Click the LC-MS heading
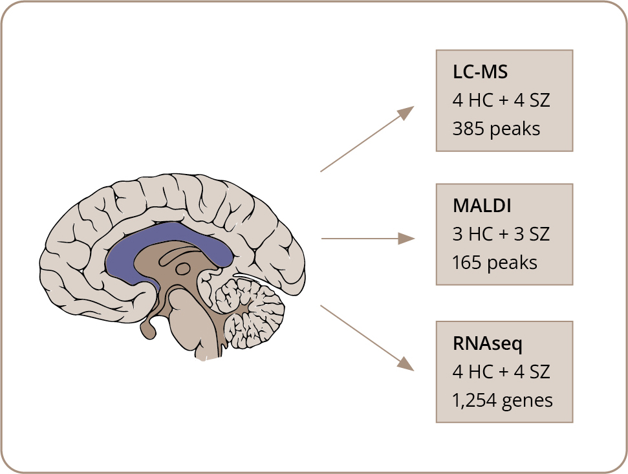[x=480, y=72]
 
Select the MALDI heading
[x=482, y=206]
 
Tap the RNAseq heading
[x=488, y=343]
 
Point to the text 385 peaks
[x=496, y=129]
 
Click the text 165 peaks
[x=495, y=263]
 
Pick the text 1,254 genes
[x=503, y=400]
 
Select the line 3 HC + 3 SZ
[x=501, y=234]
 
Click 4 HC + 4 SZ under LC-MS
[x=501, y=101]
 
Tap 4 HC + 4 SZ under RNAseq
[x=501, y=372]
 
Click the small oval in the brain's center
[x=184, y=268]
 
